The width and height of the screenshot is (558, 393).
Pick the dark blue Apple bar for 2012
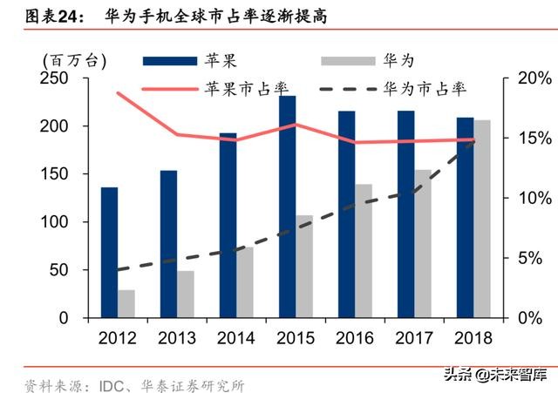click(x=109, y=253)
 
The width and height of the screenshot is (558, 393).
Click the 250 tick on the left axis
click(x=58, y=78)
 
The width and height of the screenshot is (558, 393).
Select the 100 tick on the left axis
click(x=58, y=222)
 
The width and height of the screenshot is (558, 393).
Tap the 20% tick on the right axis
click(x=528, y=78)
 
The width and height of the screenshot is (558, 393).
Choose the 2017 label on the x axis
click(x=413, y=337)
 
